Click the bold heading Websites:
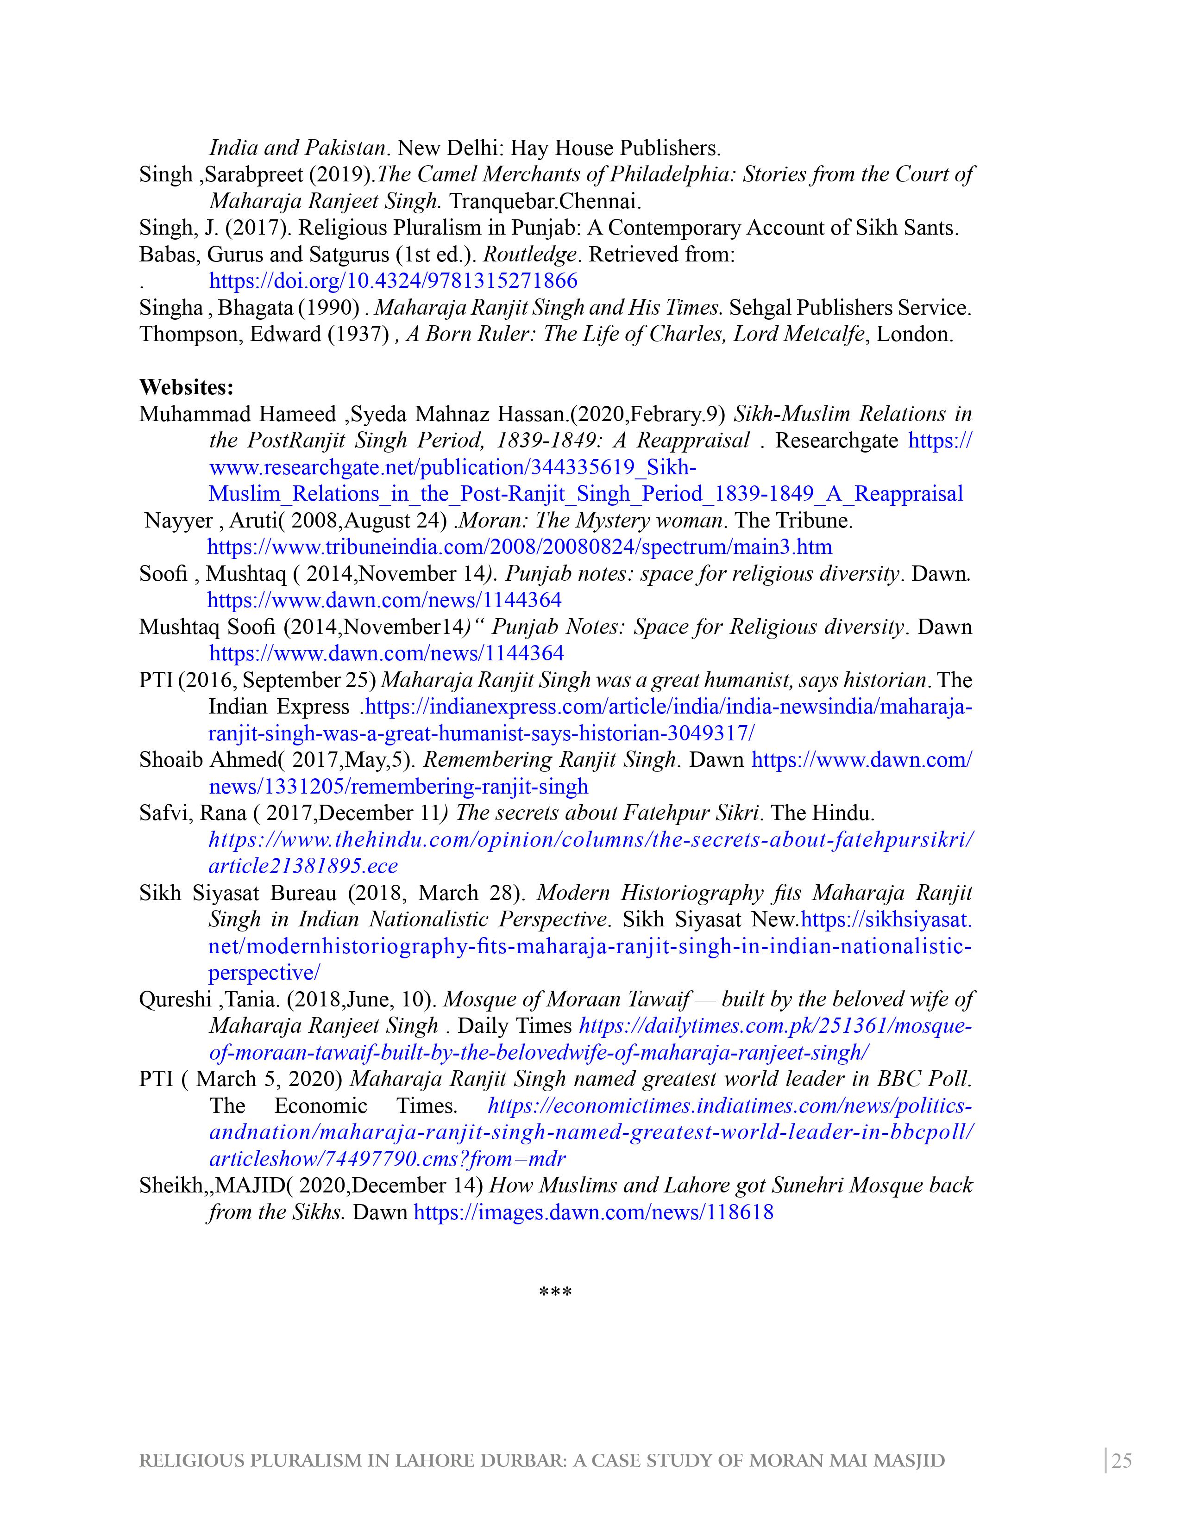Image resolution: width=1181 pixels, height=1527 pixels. tap(186, 387)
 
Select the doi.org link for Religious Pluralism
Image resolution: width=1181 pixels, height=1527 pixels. tap(393, 281)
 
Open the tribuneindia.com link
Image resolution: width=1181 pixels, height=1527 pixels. tap(520, 547)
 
